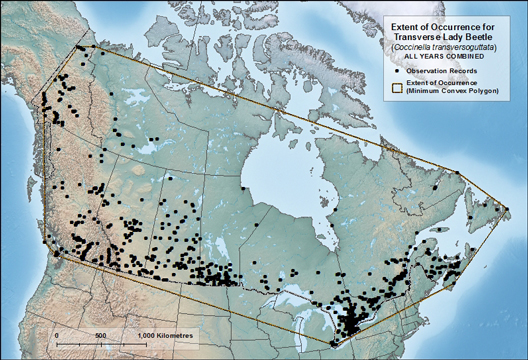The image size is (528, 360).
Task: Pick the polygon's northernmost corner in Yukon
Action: [77, 46]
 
